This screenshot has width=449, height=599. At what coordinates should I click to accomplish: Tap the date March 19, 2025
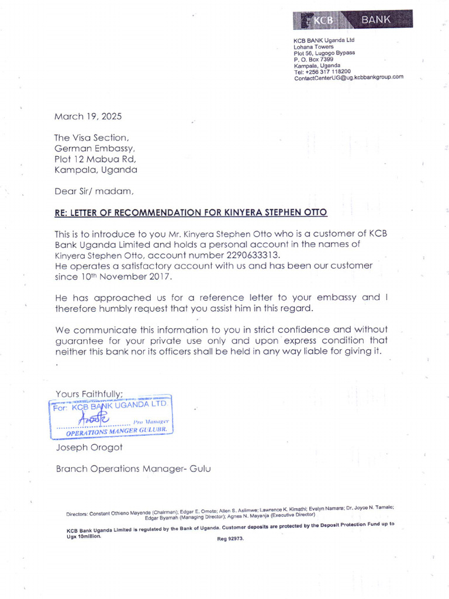(x=88, y=116)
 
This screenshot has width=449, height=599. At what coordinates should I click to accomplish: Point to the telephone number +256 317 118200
(x=322, y=71)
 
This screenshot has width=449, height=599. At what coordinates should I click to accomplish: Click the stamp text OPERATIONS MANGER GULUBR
(x=117, y=431)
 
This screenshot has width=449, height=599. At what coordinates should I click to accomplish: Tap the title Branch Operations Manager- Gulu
(x=133, y=469)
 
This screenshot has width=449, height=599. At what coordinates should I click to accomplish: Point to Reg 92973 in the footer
(x=230, y=539)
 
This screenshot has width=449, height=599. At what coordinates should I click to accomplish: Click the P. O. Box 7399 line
(x=313, y=59)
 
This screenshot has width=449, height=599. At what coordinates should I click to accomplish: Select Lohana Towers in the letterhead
(x=313, y=47)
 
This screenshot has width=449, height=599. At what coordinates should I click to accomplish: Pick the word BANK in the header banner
(x=376, y=20)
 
